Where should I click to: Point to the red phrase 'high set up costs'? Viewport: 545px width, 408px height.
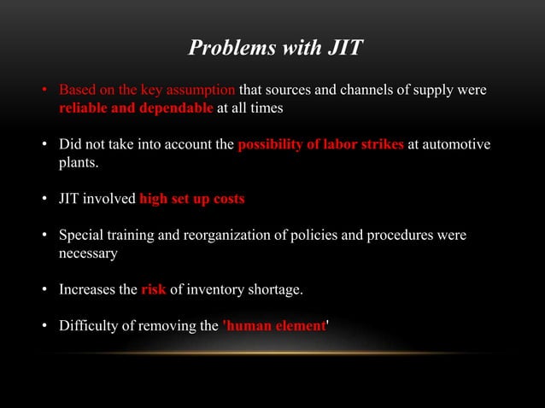(x=191, y=199)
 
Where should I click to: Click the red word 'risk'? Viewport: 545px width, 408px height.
(x=153, y=289)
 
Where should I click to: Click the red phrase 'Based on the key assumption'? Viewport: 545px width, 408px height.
(x=146, y=90)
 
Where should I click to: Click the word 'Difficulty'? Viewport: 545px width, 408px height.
(x=87, y=325)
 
